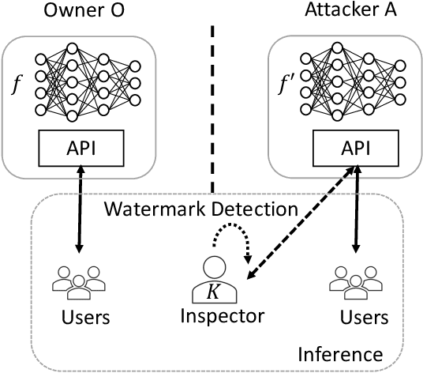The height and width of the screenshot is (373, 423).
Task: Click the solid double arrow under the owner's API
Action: pos(77,214)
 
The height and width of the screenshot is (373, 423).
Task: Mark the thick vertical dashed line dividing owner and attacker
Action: pos(211,107)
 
